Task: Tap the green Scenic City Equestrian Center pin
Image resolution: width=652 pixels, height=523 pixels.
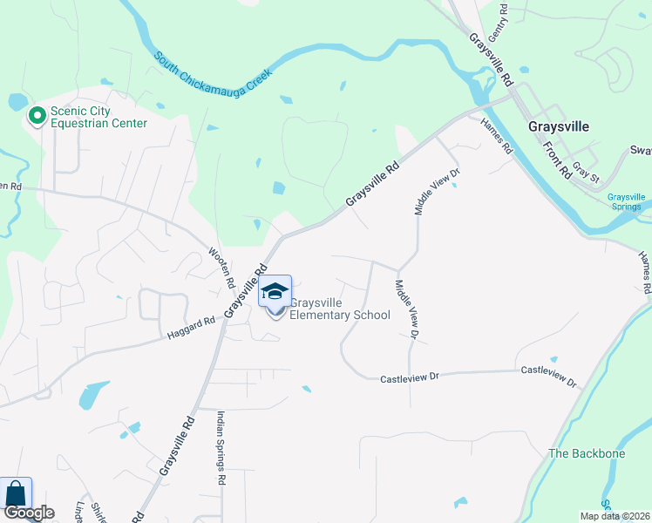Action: [37, 116]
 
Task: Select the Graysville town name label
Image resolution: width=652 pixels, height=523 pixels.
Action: [559, 126]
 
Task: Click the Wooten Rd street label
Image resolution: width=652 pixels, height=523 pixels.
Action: [221, 268]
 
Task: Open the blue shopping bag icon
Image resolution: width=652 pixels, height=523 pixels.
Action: [17, 492]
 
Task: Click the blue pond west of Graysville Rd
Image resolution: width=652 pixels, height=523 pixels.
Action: [93, 395]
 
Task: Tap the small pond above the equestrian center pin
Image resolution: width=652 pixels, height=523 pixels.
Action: [17, 101]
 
